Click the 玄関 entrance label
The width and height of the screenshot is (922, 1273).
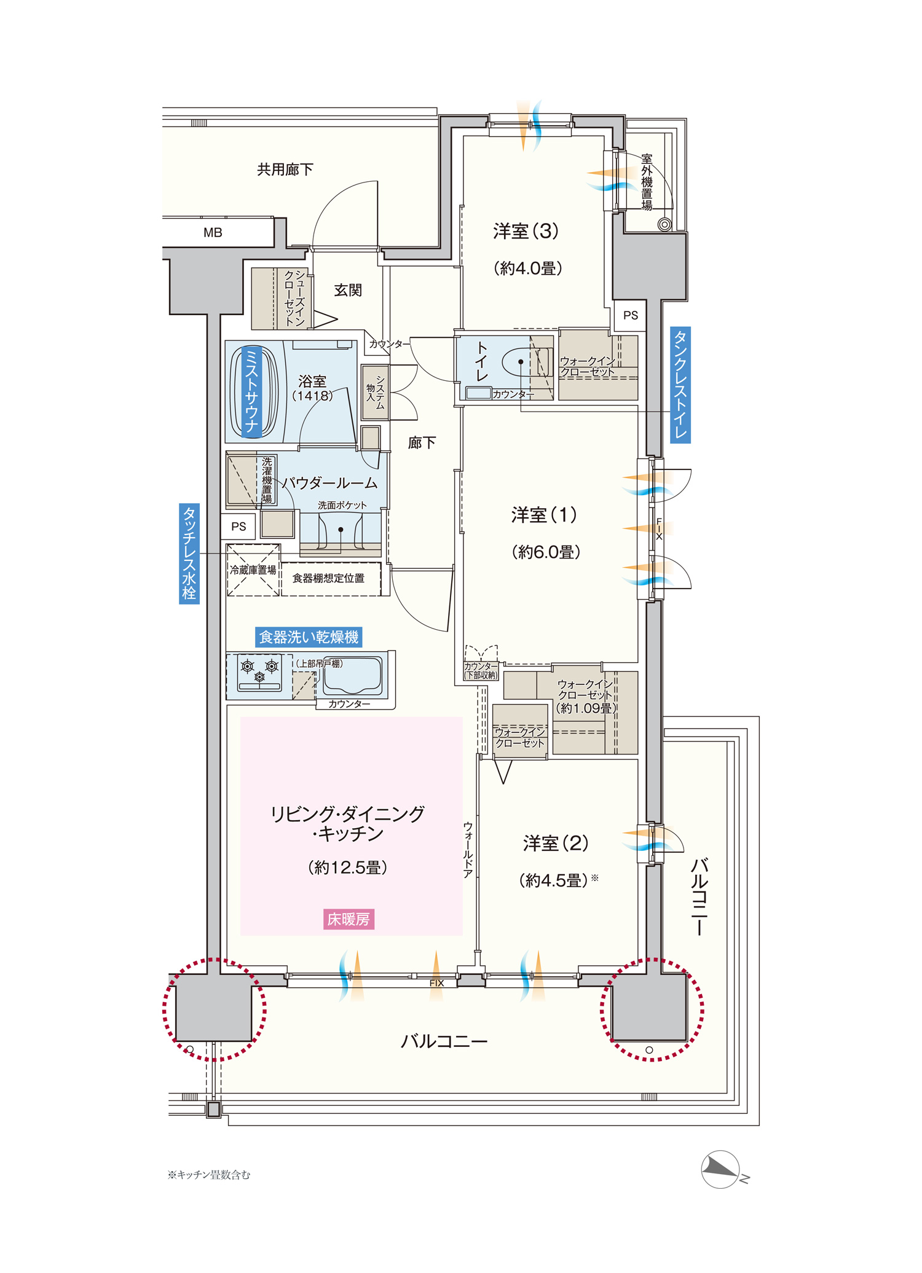point(348,290)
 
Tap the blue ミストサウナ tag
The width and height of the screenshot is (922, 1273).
point(252,392)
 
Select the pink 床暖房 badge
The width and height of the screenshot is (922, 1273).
point(349,919)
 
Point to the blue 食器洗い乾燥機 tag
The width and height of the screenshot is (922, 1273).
point(309,637)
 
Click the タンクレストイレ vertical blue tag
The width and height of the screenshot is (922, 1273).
point(680,385)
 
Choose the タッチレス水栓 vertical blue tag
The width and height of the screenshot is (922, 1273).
point(189,554)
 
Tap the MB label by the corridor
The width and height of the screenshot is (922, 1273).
point(213,233)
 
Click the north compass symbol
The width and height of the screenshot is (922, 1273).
point(723,1170)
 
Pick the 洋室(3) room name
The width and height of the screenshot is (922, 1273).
point(526,231)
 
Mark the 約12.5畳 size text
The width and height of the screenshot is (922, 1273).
point(348,868)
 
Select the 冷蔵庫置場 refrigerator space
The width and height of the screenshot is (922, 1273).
point(253,570)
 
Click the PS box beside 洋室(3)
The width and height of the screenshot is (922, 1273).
point(630,315)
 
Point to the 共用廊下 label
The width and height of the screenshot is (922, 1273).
point(285,170)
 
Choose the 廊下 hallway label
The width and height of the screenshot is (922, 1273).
point(422,442)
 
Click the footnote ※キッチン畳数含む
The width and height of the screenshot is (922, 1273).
point(209,1175)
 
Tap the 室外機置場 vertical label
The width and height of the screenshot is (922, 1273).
point(647,183)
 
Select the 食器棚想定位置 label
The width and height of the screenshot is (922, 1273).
point(328,578)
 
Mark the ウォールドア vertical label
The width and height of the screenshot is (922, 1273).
point(468,850)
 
